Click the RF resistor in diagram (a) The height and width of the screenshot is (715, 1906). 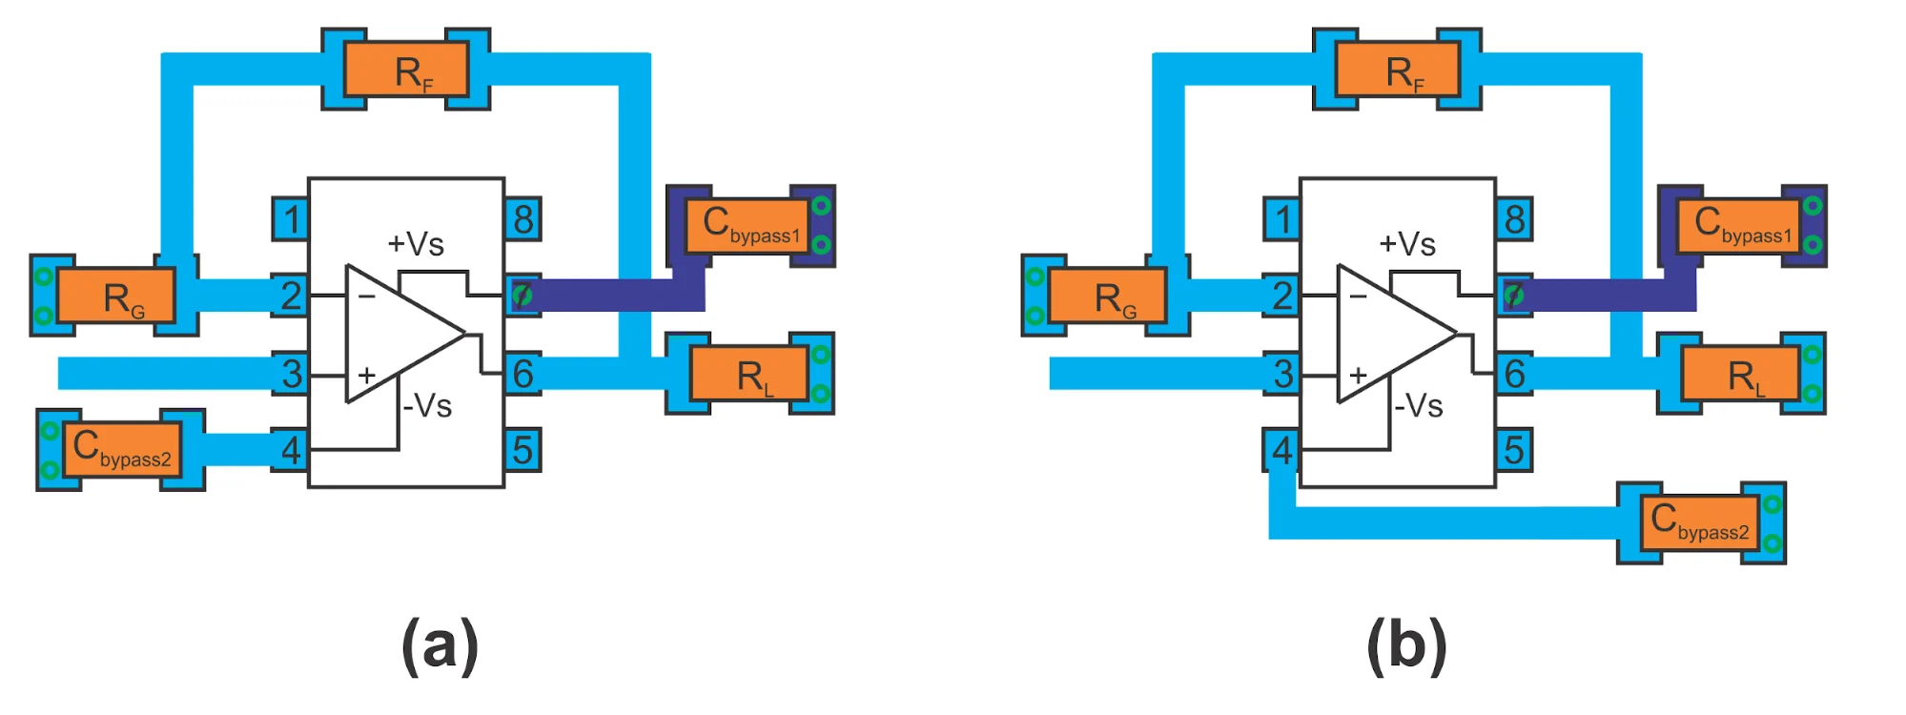(406, 69)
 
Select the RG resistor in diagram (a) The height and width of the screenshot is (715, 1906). (116, 296)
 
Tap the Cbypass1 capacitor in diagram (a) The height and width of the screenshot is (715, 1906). (747, 226)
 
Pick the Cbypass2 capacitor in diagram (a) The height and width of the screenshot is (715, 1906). (121, 449)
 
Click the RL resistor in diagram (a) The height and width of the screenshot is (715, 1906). (749, 374)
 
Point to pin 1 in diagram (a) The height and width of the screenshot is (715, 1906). (291, 219)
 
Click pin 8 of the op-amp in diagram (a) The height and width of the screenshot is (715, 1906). (523, 219)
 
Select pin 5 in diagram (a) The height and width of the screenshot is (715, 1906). (523, 450)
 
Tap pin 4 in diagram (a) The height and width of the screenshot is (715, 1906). (291, 450)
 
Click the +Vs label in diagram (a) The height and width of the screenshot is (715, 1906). (416, 244)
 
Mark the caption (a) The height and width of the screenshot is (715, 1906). (440, 645)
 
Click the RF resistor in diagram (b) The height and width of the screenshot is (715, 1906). (1398, 69)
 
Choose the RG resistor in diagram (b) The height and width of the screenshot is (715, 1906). (1108, 296)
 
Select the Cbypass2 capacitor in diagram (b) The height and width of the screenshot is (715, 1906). (1700, 522)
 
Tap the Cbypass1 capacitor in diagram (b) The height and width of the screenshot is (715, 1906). (1738, 226)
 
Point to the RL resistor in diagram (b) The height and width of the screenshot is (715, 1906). (1741, 374)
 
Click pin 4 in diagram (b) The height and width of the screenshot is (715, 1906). (1282, 450)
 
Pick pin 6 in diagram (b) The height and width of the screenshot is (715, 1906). (1514, 374)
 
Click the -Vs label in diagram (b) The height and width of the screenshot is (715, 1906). (1419, 406)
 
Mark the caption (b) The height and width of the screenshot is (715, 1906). (1406, 645)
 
